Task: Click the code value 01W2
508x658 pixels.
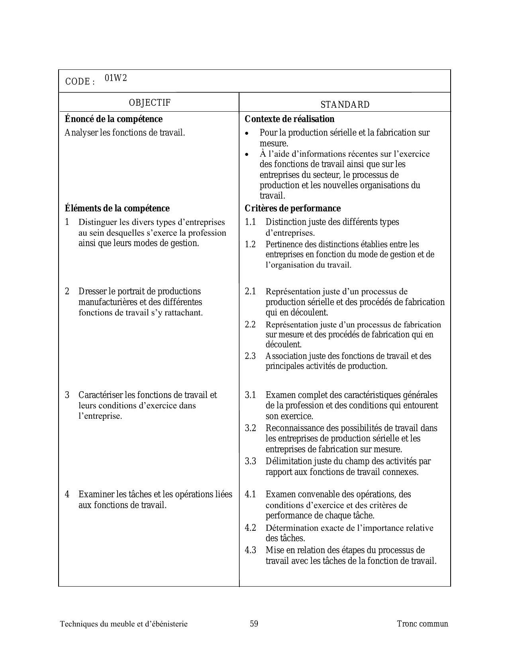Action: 116,78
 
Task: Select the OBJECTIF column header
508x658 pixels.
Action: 150,103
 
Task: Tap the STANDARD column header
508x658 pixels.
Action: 345,105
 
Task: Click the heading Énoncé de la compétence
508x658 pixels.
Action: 114,119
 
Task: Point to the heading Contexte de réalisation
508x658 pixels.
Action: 290,119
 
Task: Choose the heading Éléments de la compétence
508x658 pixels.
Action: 117,209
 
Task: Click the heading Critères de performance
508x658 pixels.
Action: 293,209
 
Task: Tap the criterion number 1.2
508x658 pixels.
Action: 250,244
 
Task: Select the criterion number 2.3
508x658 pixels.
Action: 250,356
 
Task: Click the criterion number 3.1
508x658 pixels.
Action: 250,395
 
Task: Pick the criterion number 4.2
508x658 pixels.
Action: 250,528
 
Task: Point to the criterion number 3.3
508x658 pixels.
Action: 250,461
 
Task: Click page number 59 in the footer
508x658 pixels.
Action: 254,624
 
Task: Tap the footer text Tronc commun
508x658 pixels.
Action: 422,624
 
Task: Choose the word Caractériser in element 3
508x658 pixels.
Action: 101,395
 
